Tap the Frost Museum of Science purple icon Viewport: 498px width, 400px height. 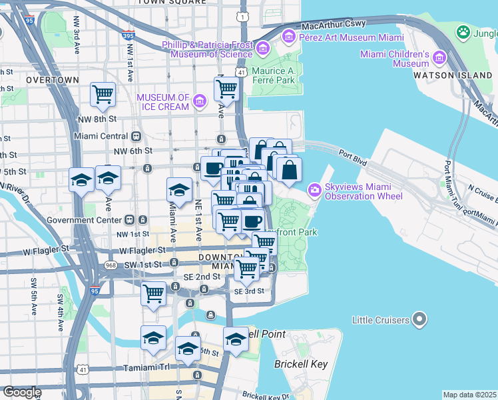264,48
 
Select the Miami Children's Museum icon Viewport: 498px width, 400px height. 439,58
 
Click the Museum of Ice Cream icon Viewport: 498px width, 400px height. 200,102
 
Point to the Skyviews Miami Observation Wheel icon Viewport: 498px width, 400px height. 314,191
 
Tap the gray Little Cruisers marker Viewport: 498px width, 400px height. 419,320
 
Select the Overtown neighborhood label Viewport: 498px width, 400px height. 53,79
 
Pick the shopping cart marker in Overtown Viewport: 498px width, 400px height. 103,94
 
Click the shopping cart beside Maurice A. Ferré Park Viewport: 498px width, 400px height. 226,87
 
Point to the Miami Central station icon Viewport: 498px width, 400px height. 136,136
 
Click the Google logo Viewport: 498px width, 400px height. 22,392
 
